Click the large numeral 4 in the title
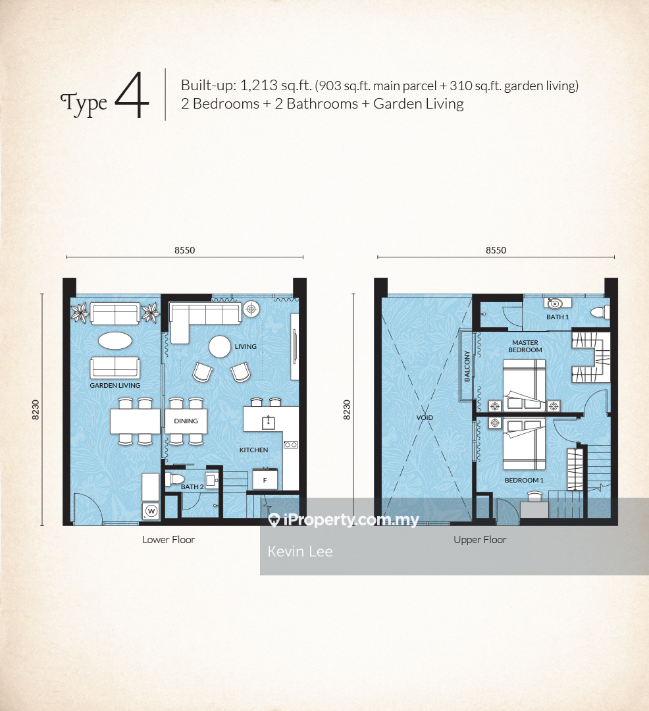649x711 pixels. [132, 95]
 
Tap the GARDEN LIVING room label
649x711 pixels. [115, 385]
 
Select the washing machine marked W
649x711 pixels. [151, 511]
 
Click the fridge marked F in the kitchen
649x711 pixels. [265, 480]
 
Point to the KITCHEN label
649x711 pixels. [254, 450]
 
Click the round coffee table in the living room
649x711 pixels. [220, 347]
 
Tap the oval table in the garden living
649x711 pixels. [115, 340]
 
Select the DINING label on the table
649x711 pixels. [186, 421]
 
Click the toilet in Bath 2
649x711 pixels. [175, 479]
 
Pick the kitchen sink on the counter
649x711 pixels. [269, 422]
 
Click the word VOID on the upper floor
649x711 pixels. [425, 417]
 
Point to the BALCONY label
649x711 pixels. [467, 366]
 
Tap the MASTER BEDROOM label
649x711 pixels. [525, 346]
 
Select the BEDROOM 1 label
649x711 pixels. [524, 480]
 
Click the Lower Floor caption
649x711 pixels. [169, 540]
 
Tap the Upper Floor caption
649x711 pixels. [480, 540]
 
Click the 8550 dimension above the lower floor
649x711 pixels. [185, 250]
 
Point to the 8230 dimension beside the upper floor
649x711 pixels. [347, 409]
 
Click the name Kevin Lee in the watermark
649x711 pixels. [300, 552]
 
